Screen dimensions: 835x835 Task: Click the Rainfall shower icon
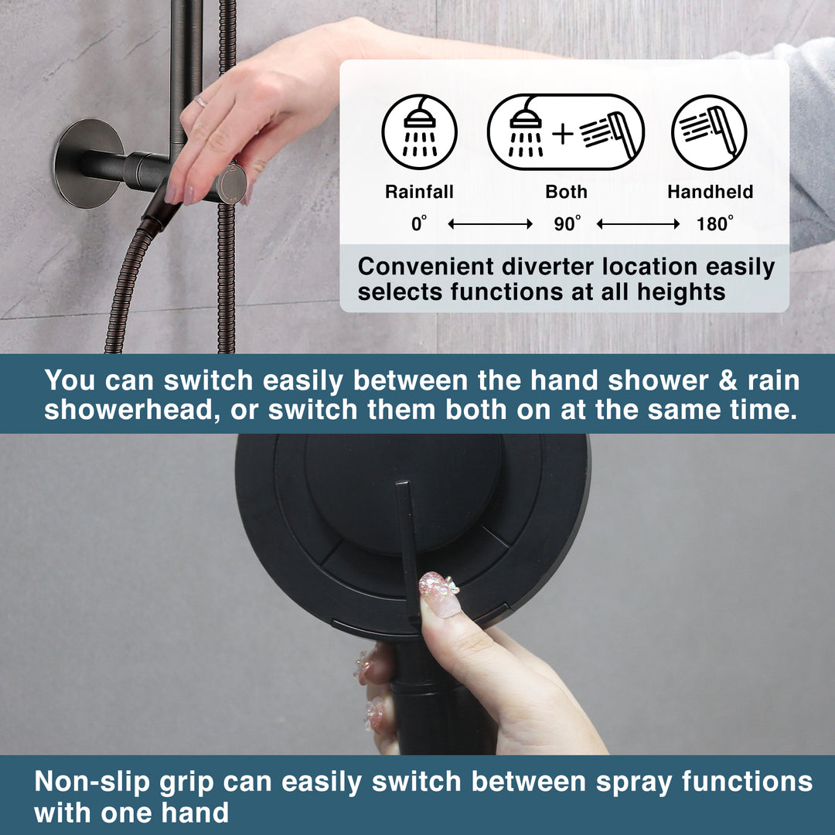click(420, 132)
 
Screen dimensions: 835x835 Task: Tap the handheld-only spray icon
click(709, 132)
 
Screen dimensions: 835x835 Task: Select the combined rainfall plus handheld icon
click(565, 132)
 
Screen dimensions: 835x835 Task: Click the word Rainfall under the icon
click(419, 192)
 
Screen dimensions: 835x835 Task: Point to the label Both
click(566, 192)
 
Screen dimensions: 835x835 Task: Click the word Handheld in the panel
click(710, 192)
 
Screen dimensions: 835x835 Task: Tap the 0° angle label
click(419, 224)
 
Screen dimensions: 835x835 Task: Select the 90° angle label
click(567, 224)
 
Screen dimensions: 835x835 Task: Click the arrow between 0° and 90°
click(490, 224)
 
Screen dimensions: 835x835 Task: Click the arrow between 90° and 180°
click(639, 224)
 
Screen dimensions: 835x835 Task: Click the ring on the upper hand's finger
click(199, 101)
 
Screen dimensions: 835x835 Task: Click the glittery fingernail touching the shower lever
click(439, 594)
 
